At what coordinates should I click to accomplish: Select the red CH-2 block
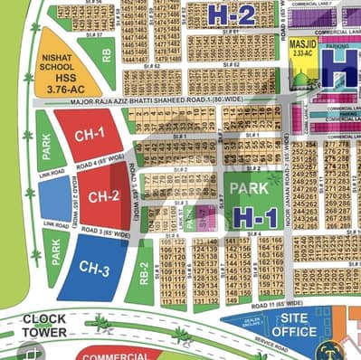(x=103, y=195)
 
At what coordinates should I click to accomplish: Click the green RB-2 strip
(x=142, y=272)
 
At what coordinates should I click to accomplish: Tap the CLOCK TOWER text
(x=44, y=326)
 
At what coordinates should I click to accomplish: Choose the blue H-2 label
(x=231, y=14)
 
